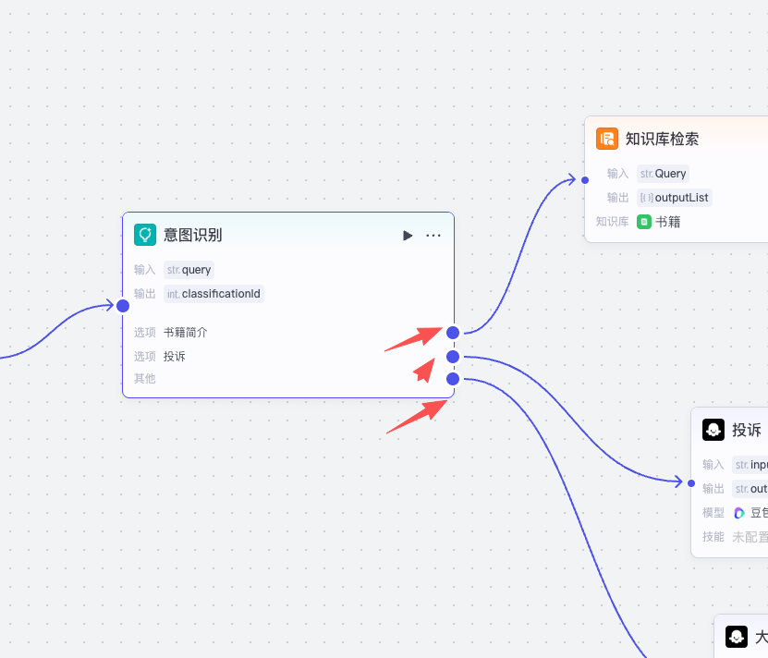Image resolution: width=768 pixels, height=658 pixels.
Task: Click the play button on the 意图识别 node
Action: [408, 236]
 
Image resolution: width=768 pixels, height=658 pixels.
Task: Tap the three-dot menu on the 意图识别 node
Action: [433, 236]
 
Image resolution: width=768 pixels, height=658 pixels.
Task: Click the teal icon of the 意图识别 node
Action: [144, 235]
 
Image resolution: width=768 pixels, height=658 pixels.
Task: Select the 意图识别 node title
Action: [192, 235]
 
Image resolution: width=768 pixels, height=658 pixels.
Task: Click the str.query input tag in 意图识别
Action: [189, 270]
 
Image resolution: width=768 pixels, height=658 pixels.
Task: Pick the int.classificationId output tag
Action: [213, 294]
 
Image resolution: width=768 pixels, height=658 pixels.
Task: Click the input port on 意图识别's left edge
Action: [122, 306]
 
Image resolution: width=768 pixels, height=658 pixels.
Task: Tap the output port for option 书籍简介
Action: [453, 333]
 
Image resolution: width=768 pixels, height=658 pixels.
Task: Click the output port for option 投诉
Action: [453, 357]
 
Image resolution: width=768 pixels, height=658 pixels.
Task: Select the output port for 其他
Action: [453, 379]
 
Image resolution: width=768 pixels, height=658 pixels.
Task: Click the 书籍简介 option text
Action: [185, 333]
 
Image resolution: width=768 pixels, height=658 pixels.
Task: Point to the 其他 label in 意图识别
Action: [144, 379]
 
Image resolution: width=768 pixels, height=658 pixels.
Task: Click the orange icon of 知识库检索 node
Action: [607, 139]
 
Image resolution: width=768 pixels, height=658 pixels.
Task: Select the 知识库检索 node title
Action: [662, 139]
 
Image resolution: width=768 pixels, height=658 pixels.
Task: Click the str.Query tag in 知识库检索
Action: [663, 174]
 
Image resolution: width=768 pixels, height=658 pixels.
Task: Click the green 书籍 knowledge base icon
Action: [644, 222]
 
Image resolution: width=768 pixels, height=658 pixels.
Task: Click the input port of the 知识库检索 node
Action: [584, 179]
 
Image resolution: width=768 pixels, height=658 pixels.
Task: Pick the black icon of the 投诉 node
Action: [713, 430]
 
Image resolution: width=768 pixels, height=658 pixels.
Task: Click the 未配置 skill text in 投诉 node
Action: [750, 536]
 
